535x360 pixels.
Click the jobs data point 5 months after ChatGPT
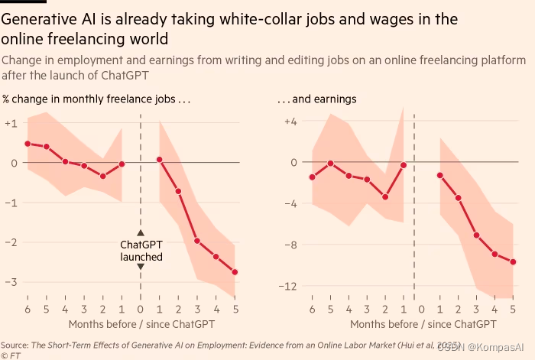(x=235, y=272)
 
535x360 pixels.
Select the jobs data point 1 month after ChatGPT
(x=159, y=160)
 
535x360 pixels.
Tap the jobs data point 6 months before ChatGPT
(x=28, y=144)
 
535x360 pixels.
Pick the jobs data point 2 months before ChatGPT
(x=102, y=176)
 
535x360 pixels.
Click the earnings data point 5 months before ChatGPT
(x=330, y=163)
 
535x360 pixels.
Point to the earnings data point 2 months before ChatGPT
(x=385, y=196)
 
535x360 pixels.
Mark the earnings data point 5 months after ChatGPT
(x=513, y=262)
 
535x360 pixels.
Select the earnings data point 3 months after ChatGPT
(x=476, y=235)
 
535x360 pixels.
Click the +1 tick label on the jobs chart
(x=11, y=123)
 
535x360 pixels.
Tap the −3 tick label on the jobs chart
(x=11, y=281)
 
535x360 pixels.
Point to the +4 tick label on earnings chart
(x=290, y=122)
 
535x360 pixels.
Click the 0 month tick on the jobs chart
(x=141, y=309)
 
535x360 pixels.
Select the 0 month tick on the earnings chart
(x=421, y=309)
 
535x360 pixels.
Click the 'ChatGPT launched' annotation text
(x=141, y=251)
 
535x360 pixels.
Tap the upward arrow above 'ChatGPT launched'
(x=141, y=232)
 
